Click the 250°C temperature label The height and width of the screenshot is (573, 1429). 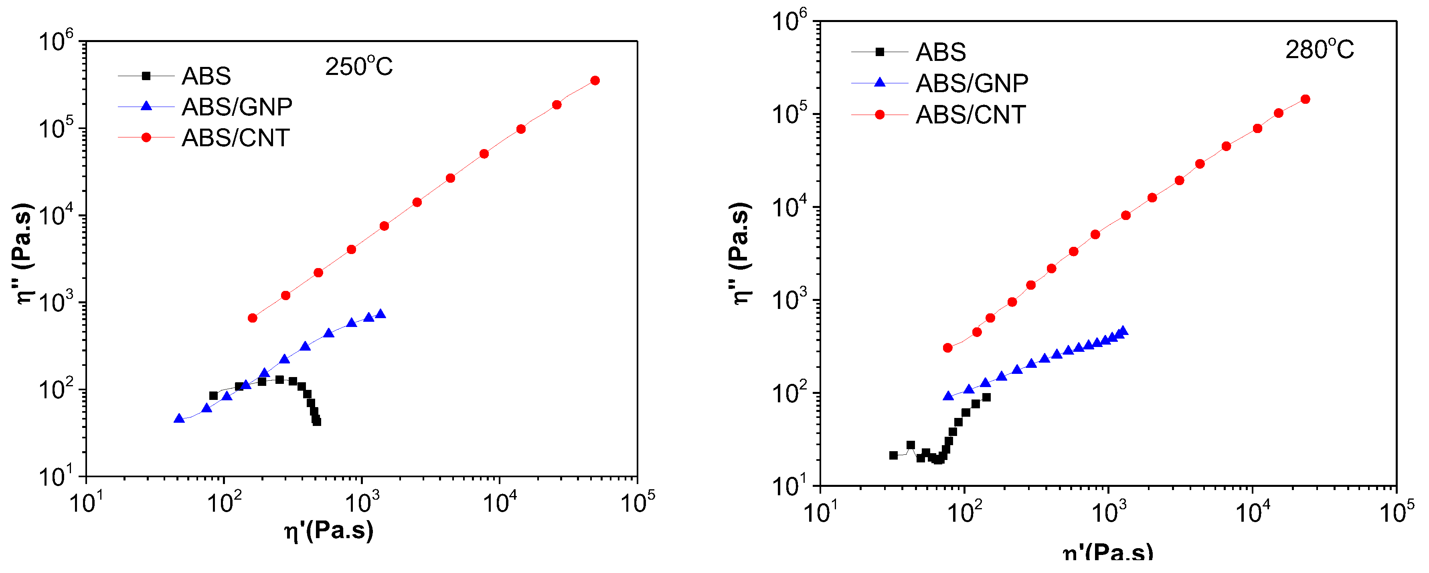358,67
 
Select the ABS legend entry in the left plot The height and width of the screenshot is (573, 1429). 206,76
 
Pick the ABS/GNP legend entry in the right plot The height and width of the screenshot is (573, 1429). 972,83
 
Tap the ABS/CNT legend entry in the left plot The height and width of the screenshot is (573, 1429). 235,137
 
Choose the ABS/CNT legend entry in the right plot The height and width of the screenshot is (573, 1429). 970,115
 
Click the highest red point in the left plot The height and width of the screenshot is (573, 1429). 595,81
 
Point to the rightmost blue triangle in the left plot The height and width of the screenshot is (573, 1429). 381,314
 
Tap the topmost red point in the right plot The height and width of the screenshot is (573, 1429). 1305,99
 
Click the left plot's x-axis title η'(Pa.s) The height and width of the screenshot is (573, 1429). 329,531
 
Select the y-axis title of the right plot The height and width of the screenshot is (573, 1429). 740,253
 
